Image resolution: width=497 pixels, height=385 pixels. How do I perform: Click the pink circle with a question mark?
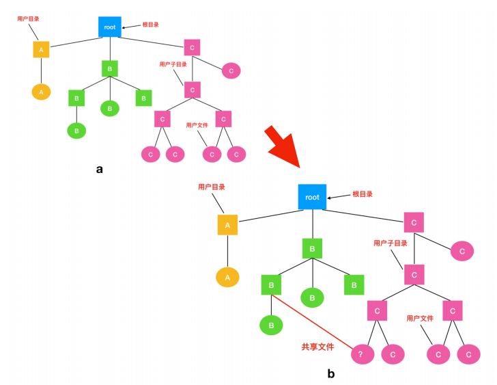click(363, 354)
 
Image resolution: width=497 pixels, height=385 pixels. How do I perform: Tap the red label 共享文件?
click(317, 347)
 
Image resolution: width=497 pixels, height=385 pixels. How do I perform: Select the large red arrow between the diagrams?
click(283, 146)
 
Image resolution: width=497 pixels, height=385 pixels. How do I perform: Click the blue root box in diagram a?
click(110, 27)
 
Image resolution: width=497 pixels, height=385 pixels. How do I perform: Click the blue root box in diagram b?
click(312, 197)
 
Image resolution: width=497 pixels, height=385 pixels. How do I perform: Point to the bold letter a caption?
click(100, 169)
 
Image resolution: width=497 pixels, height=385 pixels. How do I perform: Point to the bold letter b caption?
click(331, 373)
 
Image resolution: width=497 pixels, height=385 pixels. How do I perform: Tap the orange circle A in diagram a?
click(41, 92)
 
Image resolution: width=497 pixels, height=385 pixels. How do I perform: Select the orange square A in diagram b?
click(227, 225)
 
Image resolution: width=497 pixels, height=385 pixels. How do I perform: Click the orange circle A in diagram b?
click(227, 278)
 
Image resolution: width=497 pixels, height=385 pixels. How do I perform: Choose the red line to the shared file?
click(312, 322)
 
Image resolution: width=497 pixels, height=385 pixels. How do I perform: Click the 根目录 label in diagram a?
click(150, 25)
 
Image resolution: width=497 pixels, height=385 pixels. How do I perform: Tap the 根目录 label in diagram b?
click(363, 194)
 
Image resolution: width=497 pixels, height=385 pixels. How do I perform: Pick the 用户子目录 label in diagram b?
click(390, 243)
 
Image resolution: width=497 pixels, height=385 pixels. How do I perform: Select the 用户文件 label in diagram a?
click(197, 125)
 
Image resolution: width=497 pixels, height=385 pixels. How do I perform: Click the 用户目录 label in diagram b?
click(212, 187)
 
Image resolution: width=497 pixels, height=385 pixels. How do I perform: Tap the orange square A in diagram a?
click(41, 49)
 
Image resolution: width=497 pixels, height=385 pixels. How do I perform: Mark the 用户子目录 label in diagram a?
click(173, 64)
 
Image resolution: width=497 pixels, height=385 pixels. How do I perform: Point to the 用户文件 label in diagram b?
click(420, 319)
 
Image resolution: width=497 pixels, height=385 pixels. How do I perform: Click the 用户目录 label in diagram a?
click(28, 18)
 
